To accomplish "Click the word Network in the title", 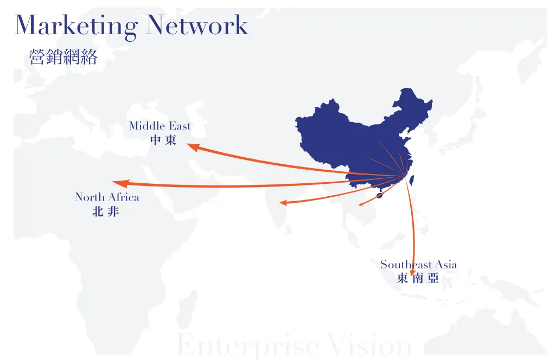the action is point(197,25).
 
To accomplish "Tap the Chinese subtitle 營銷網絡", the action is point(63,56).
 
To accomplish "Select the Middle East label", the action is point(160,126).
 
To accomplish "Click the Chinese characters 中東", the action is point(163,140).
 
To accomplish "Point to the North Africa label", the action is point(107,197).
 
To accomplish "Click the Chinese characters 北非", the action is point(105,211).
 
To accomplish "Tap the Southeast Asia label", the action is point(418,265).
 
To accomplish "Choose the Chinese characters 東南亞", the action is point(418,278).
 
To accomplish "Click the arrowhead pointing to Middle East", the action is point(193,147).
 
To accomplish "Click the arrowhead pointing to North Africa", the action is point(120,183).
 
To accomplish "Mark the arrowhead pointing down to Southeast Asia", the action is point(412,272).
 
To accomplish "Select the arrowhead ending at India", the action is point(283,203).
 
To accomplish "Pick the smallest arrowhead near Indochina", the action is point(361,204).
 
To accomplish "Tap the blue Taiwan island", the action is point(412,181).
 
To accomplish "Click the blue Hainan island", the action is point(380,195).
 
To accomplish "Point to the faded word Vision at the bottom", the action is point(369,344).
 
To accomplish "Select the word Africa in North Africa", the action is point(124,197).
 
